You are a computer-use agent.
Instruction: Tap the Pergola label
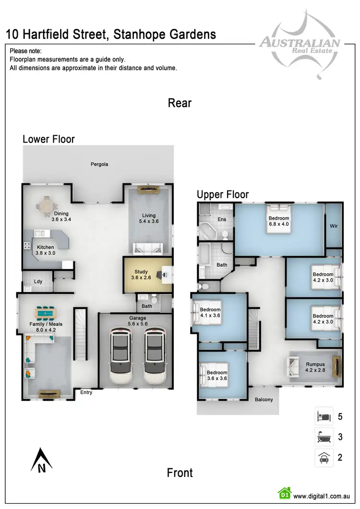(99, 164)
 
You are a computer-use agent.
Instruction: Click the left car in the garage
(121, 356)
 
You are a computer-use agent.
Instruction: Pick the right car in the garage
(155, 356)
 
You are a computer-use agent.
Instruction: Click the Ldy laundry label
(38, 282)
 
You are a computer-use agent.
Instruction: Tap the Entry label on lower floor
(86, 392)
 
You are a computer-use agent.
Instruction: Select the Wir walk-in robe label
(333, 225)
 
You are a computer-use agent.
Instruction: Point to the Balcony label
(267, 399)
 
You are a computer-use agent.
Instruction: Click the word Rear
(180, 103)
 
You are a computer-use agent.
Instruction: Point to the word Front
(180, 473)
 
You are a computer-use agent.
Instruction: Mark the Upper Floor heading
(223, 194)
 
